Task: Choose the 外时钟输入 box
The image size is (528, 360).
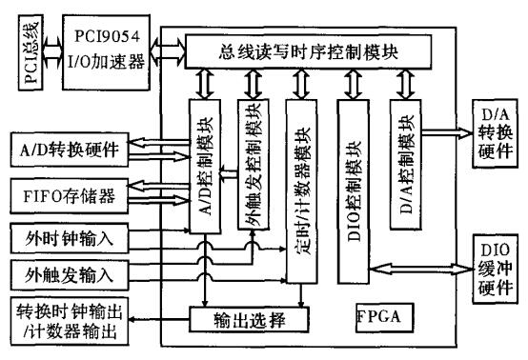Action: [64, 235]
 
